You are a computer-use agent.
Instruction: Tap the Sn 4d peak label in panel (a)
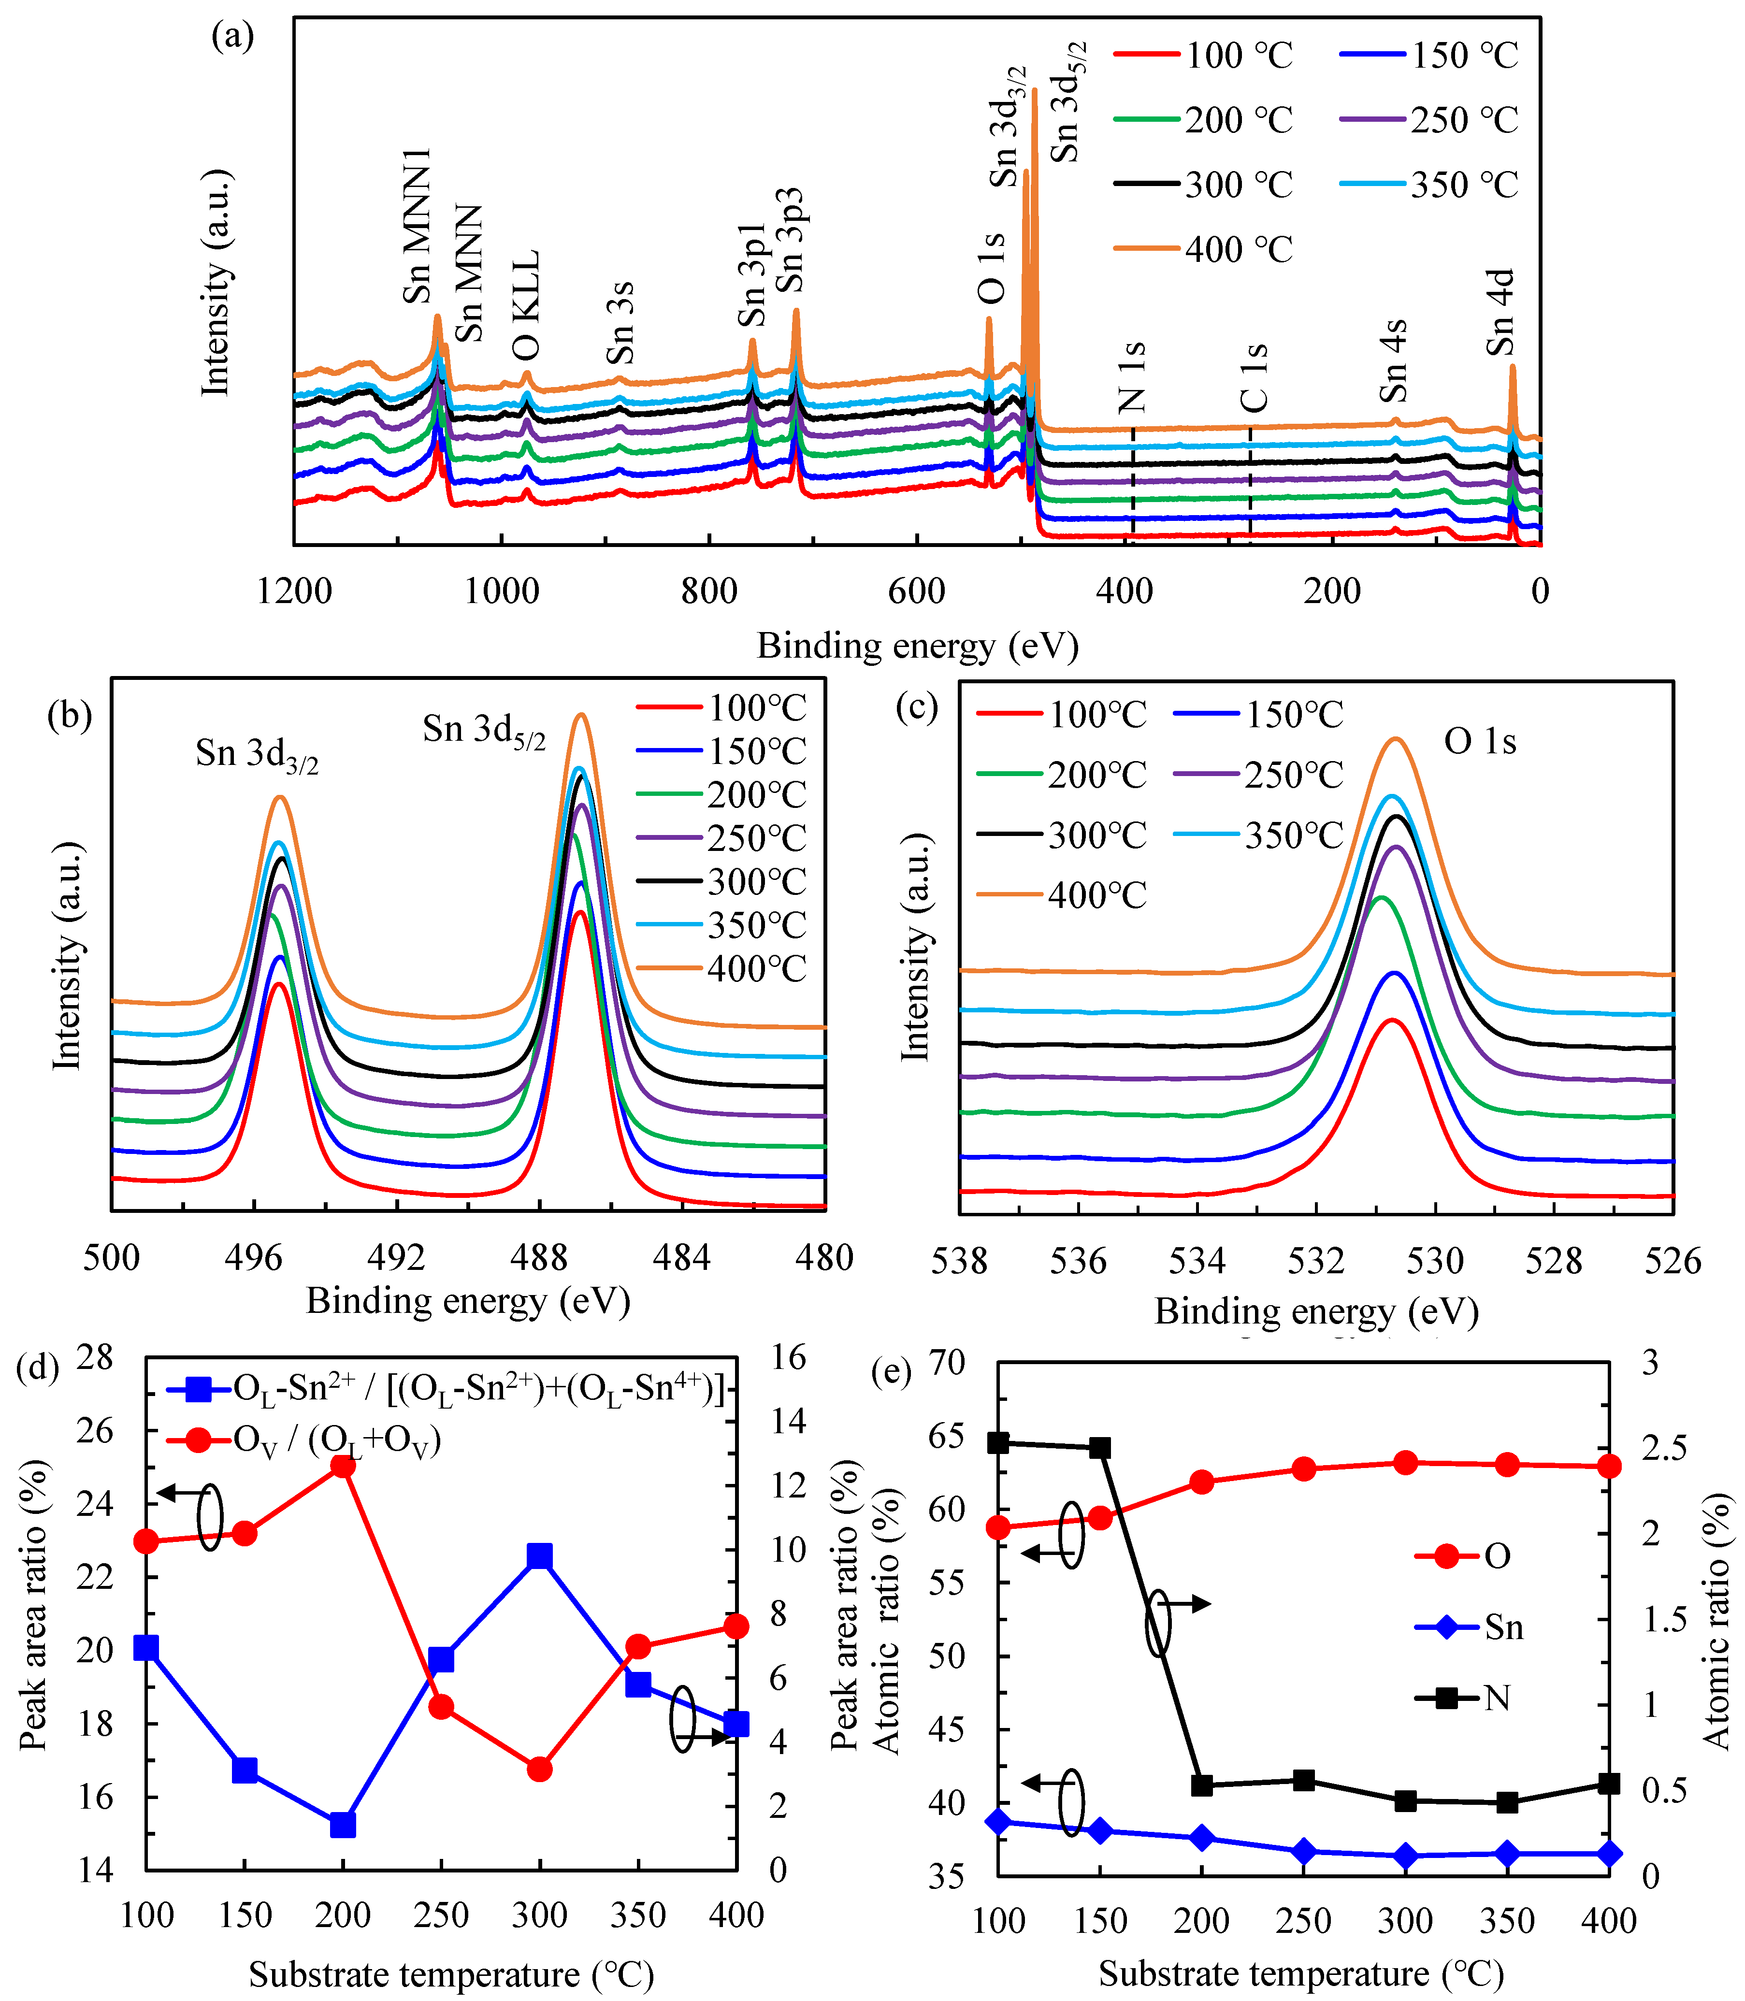(x=1500, y=313)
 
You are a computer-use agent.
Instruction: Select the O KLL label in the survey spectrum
(x=525, y=305)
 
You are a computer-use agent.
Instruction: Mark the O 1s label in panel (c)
(x=1480, y=742)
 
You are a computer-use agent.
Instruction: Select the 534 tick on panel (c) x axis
(x=1197, y=1261)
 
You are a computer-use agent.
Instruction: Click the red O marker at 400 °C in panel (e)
(x=1609, y=1467)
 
